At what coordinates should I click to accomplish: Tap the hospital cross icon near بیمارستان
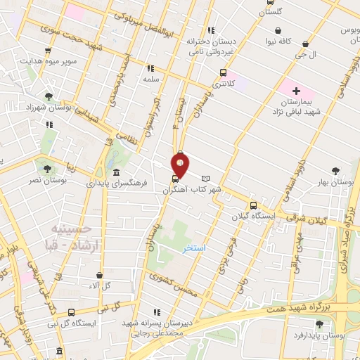[296, 91]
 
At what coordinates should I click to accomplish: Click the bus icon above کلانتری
[224, 72]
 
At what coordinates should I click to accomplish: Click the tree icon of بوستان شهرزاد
[48, 96]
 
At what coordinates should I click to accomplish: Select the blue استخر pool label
[193, 249]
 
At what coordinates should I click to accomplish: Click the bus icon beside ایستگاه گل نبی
[71, 312]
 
